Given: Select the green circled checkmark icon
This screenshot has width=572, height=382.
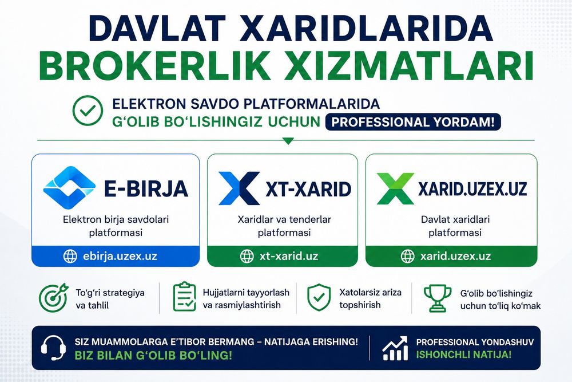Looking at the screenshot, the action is tap(88, 111).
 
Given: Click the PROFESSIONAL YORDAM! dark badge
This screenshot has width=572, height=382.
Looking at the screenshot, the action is tap(412, 122).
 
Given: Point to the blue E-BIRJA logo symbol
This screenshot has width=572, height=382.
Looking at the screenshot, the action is tap(69, 188).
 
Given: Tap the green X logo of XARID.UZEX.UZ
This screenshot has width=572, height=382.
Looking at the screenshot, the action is tap(395, 188).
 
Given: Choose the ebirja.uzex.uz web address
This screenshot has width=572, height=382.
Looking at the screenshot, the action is tap(120, 256).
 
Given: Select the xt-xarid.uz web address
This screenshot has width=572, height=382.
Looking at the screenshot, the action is tap(289, 256).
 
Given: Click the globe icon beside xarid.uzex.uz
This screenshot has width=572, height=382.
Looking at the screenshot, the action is tap(407, 257).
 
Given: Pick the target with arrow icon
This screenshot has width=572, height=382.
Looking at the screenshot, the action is tap(54, 298).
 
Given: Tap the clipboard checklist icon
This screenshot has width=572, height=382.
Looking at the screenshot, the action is tap(185, 297).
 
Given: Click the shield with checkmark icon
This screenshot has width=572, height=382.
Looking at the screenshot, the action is tap(319, 298).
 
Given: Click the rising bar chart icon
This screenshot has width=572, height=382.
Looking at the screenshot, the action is tap(395, 348).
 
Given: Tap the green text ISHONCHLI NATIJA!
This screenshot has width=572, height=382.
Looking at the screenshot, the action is tap(464, 355).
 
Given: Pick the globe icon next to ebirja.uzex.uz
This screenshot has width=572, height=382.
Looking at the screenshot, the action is tap(70, 257).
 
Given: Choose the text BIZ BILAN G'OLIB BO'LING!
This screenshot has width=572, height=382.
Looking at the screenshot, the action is tap(153, 355).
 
